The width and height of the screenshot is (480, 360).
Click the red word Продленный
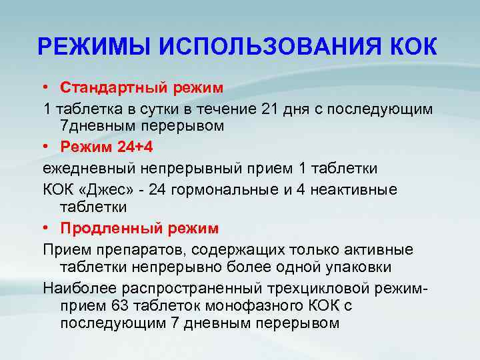(103, 229)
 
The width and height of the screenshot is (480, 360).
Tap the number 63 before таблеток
(114, 306)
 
